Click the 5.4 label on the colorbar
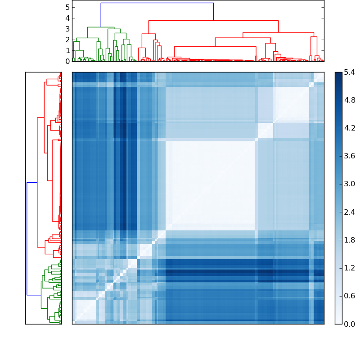point(349,72)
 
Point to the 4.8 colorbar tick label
point(349,100)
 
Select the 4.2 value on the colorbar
point(349,128)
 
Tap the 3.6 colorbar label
point(349,156)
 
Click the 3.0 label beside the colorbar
point(349,184)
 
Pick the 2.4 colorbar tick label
point(349,212)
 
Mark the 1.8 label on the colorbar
point(349,240)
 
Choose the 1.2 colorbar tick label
point(349,268)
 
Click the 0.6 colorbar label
point(349,296)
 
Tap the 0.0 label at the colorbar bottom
point(349,324)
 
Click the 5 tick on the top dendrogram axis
point(67,7)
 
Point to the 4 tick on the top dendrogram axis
point(67,18)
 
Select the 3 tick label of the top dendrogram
point(67,29)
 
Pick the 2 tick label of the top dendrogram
point(67,40)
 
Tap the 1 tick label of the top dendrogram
point(67,50)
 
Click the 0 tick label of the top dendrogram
point(67,61)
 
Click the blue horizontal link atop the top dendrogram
point(157,3)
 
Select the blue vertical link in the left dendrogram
point(27,238)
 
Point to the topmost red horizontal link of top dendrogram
point(213,20)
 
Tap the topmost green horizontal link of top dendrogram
point(101,27)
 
